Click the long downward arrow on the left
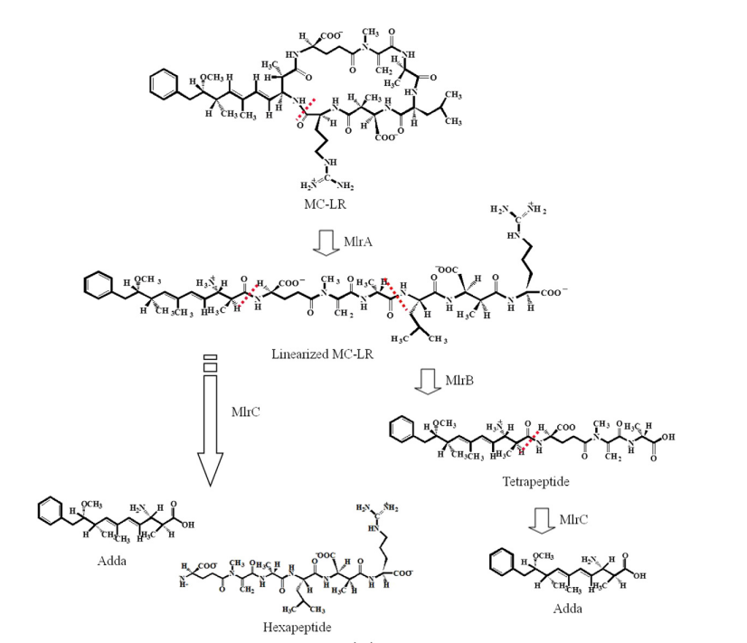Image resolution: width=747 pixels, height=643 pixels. (211, 425)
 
